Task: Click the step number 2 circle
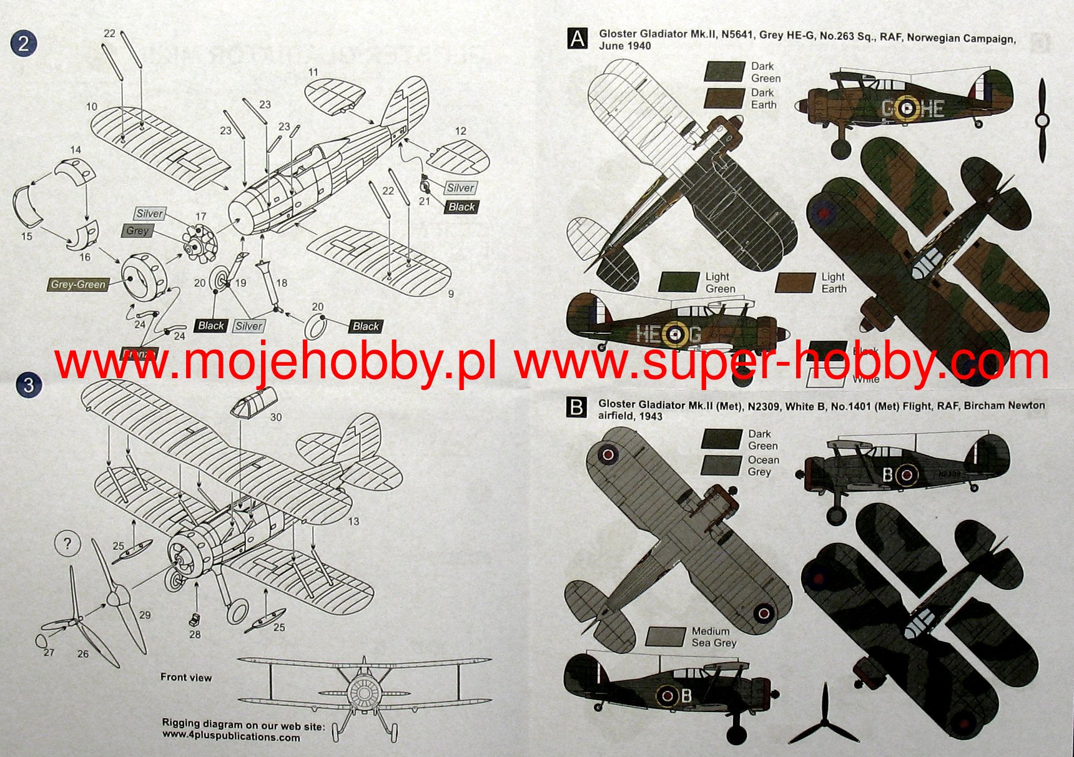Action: click(x=24, y=43)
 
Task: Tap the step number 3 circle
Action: click(x=29, y=384)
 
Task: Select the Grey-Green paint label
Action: click(x=79, y=285)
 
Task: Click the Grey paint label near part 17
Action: click(x=137, y=230)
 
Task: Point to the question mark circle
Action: click(x=67, y=544)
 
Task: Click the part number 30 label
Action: click(x=276, y=417)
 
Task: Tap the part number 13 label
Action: click(x=353, y=521)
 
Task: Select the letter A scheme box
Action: click(x=578, y=39)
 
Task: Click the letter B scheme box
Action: click(x=576, y=408)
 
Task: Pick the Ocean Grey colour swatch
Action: click(x=721, y=466)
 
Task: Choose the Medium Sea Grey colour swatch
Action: click(x=666, y=637)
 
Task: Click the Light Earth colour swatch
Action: click(x=796, y=282)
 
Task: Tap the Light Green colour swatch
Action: click(x=679, y=282)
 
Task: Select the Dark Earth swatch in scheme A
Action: click(x=724, y=99)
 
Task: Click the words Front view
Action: click(x=186, y=677)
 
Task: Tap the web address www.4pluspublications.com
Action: click(x=231, y=736)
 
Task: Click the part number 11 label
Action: click(x=313, y=72)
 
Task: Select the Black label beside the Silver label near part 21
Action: click(x=461, y=207)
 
